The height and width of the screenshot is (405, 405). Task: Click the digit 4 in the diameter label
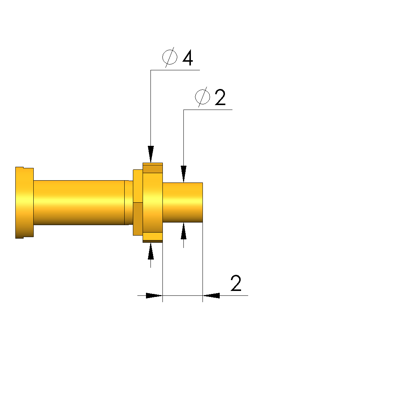pos(188,58)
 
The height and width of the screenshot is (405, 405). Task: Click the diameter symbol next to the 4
pos(170,57)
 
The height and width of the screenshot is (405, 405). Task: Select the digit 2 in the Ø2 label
pos(220,97)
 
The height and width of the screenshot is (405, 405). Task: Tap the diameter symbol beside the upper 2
pos(202,97)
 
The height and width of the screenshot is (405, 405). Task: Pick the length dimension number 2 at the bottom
pos(236,283)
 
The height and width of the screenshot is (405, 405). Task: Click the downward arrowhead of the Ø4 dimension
pos(151,154)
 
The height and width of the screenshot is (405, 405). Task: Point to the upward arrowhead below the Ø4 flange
pos(151,251)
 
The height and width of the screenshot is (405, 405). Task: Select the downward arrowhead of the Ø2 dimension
pos(183,174)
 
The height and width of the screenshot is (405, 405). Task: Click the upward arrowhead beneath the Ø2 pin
pos(183,231)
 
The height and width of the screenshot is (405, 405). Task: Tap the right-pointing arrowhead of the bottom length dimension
pos(154,295)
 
